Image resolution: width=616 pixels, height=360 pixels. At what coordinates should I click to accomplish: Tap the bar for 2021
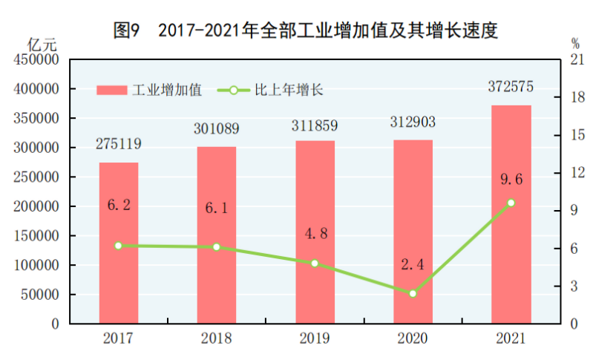[511, 215]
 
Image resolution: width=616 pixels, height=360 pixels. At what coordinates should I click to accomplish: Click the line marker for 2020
[413, 293]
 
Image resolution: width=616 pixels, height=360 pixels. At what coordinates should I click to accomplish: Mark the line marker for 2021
[511, 203]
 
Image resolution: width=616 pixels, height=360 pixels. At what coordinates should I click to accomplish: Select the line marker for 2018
[217, 246]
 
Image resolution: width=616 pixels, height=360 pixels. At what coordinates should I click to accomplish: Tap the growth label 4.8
[315, 235]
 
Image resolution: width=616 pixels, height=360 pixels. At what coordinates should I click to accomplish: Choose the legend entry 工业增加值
[151, 91]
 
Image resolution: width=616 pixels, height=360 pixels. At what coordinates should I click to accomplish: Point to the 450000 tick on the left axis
[36, 60]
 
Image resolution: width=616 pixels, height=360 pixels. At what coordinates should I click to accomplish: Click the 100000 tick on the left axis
[36, 265]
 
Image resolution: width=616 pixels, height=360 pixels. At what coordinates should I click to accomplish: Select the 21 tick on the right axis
[576, 60]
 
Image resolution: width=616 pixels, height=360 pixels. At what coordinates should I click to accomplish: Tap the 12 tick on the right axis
[576, 173]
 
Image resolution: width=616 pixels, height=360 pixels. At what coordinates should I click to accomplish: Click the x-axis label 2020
[413, 339]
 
